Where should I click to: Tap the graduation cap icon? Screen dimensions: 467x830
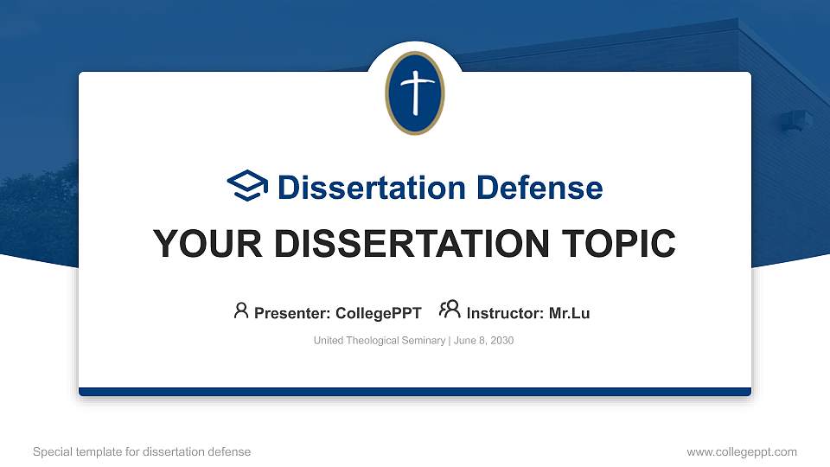pos(248,186)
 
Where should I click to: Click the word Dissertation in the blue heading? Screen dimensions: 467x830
pos(373,188)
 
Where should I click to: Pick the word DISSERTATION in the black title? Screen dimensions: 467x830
pos(406,244)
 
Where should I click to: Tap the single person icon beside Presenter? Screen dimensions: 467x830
pos(241,310)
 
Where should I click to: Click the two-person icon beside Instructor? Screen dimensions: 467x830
pos(449,310)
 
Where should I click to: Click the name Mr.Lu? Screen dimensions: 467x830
pos(569,313)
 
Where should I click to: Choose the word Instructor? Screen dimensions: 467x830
pos(506,313)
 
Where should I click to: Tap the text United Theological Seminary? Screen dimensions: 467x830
pos(379,341)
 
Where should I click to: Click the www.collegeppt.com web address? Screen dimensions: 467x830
pos(741,451)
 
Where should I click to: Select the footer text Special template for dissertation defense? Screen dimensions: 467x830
pos(142,451)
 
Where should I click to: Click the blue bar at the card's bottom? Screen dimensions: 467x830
pos(415,392)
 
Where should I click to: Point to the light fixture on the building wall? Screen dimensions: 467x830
pos(796,120)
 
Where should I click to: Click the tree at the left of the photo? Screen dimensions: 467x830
pos(35,208)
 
